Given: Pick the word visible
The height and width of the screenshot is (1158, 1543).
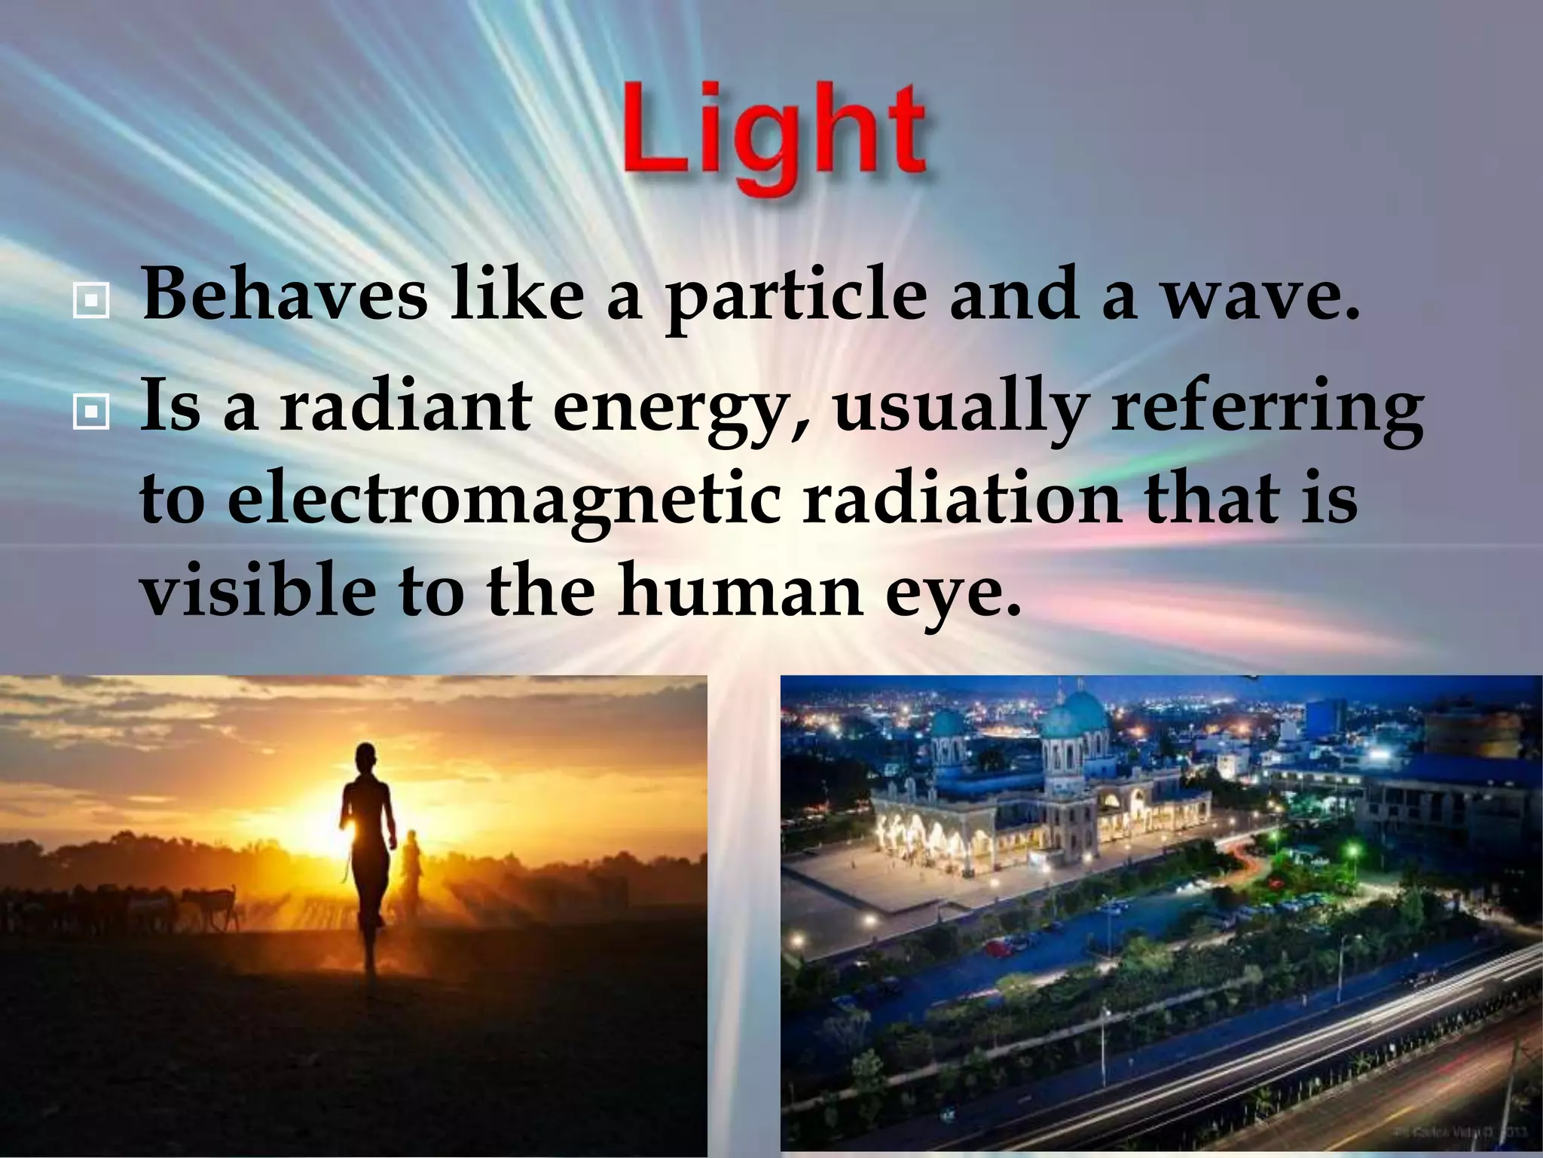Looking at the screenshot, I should pyautogui.click(x=256, y=588).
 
